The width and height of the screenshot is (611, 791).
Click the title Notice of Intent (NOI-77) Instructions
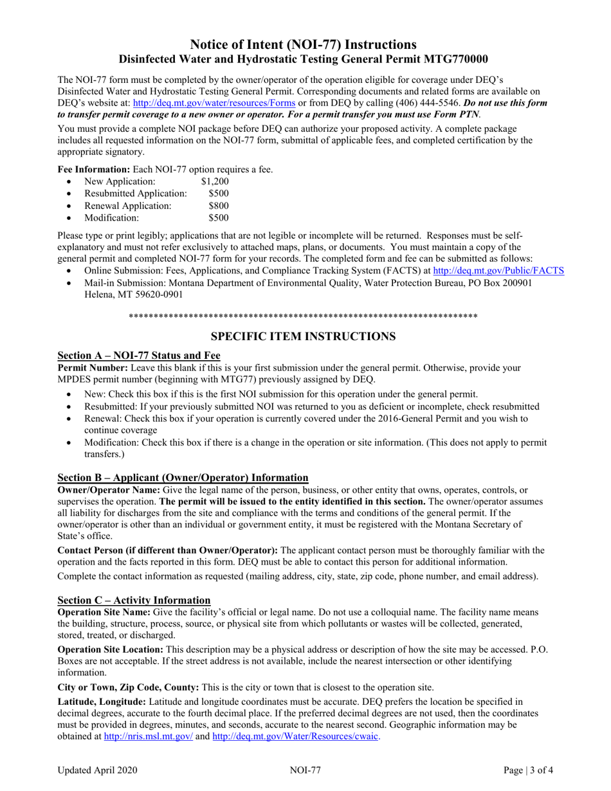[305, 44]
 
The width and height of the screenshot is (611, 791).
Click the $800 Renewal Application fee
[219, 206]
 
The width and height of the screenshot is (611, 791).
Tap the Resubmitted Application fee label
[135, 194]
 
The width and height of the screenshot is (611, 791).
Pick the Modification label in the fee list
[111, 218]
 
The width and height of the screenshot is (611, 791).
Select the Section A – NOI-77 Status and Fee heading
[139, 356]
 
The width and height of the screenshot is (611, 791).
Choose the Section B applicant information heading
[183, 477]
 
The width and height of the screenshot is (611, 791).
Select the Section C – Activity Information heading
[134, 599]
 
